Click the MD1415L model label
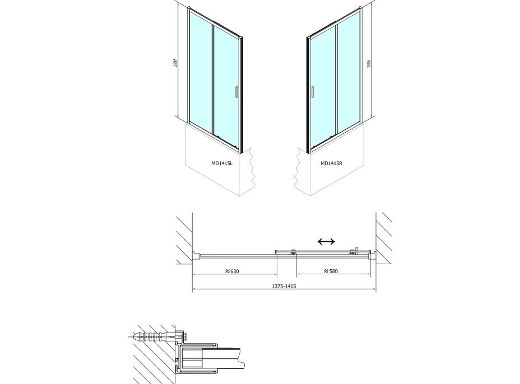coord(222,163)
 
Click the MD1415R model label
coord(331,163)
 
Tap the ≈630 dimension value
coord(232,271)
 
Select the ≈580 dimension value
coord(331,271)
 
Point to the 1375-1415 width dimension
coord(284,286)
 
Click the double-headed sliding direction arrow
coord(326,241)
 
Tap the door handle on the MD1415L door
coord(236,92)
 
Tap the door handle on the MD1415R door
coord(313,92)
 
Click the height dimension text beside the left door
coord(175,63)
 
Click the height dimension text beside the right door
coord(369,64)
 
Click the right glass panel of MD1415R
coord(348,71)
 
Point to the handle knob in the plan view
coord(355,250)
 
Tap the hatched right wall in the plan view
coord(384,238)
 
